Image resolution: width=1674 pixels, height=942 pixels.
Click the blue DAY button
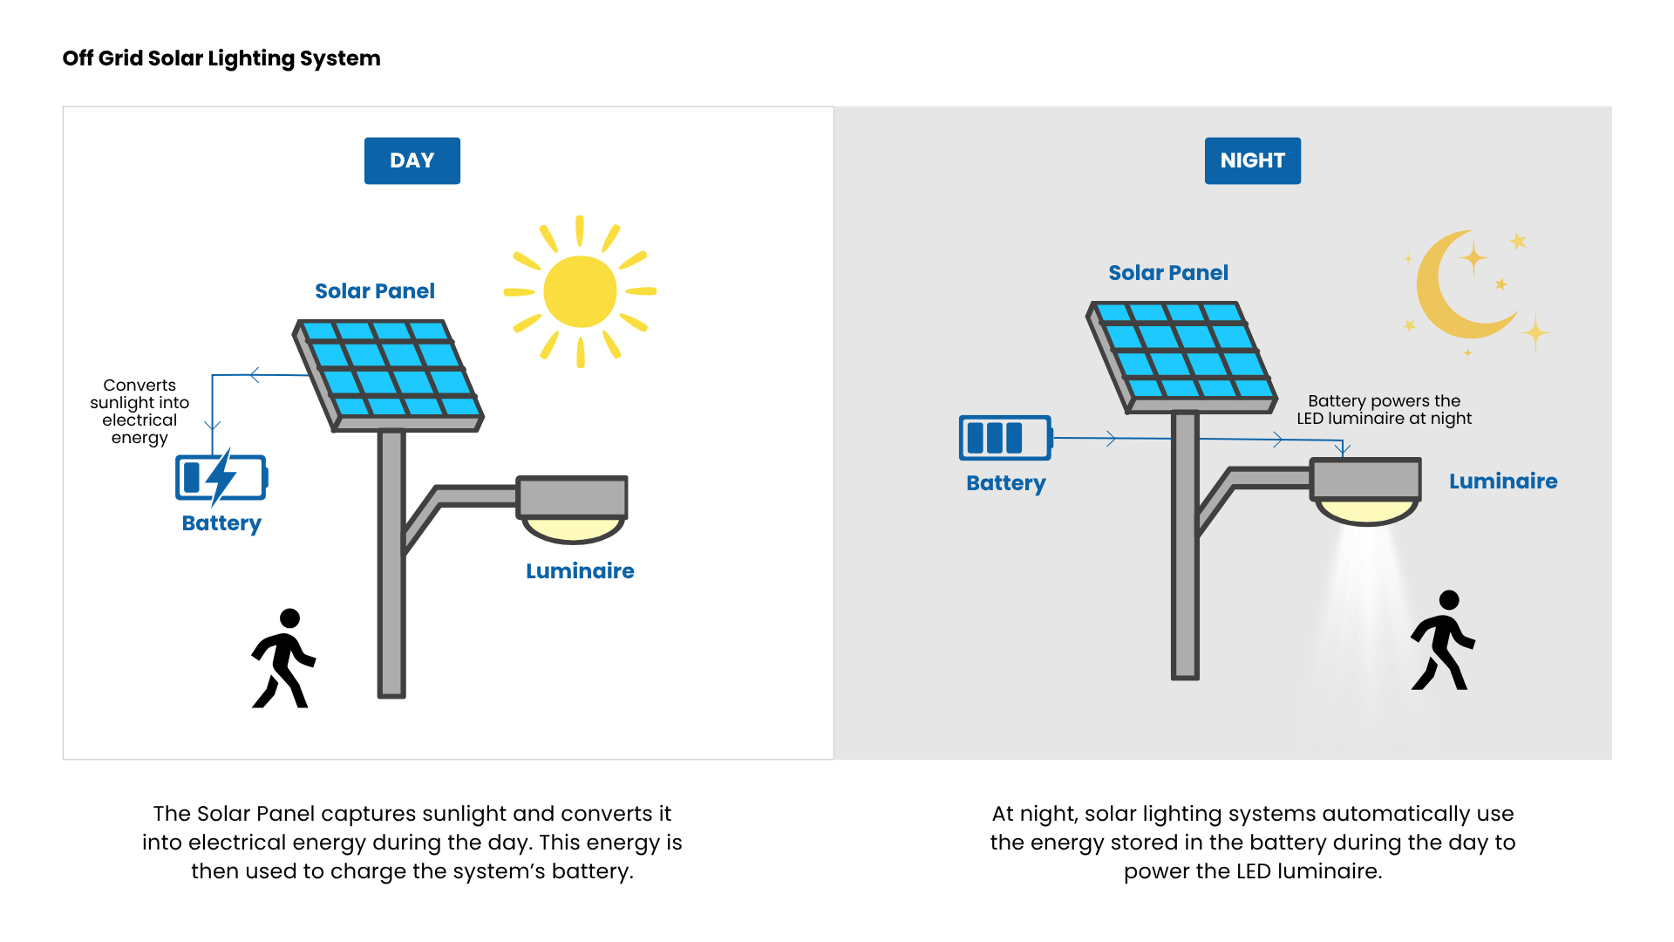[412, 160]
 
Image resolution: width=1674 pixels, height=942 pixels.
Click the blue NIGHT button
[1252, 160]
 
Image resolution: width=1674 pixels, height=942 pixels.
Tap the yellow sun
[580, 291]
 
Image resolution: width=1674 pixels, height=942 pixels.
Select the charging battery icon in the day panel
[221, 477]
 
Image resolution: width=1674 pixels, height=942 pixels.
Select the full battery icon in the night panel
[1004, 437]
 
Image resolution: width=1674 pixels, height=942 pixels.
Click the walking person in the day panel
[283, 659]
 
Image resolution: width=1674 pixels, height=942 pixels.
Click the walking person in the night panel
[1442, 642]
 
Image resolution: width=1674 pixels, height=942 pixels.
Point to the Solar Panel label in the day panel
[375, 291]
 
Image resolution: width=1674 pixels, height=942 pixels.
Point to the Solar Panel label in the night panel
[1168, 273]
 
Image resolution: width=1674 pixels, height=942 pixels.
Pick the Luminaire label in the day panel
[580, 571]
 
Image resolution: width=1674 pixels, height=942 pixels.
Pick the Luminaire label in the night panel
[1503, 481]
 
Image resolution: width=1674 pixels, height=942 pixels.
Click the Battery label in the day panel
[221, 523]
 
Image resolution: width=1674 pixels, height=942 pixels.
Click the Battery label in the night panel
[1006, 483]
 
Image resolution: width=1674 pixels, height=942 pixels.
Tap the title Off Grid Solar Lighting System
[221, 58]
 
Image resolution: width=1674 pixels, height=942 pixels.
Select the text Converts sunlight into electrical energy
[139, 411]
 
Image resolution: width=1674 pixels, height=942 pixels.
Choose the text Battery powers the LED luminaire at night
[1384, 410]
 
